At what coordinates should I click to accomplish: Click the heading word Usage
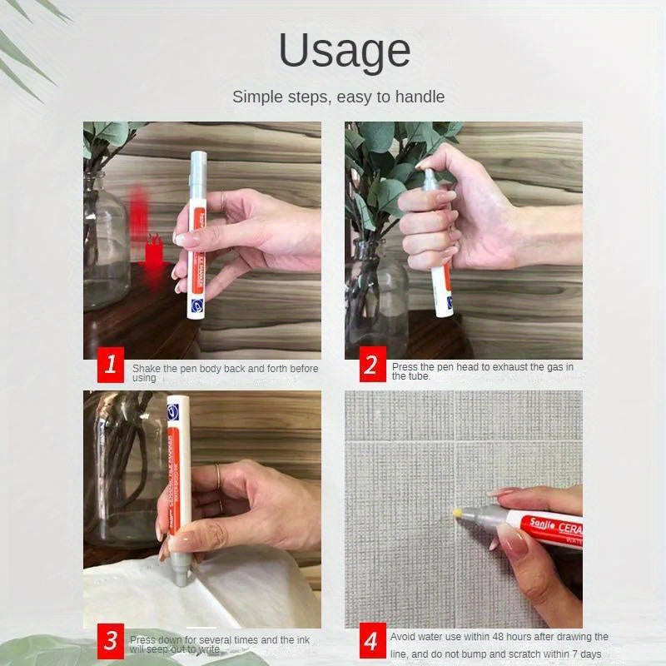tap(344, 51)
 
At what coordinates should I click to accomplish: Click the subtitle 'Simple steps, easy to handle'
tap(338, 97)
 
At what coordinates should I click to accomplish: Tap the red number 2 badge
tap(370, 365)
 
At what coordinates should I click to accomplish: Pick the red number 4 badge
tap(370, 641)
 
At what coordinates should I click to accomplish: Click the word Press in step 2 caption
tap(406, 366)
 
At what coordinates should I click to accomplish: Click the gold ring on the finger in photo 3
tap(218, 478)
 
